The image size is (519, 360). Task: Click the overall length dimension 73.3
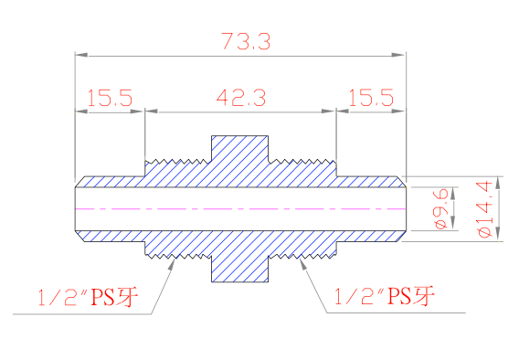point(246,41)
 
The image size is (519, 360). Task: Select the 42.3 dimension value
point(241,98)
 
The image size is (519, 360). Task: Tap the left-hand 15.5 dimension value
point(110,98)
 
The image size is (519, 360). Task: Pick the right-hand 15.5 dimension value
point(371,98)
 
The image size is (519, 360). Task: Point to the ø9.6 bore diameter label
point(442,208)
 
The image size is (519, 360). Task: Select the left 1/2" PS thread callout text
point(88,297)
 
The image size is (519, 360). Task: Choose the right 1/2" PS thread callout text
point(385,296)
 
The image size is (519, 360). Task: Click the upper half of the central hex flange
point(239,149)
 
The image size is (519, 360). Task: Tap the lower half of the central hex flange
point(239,269)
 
